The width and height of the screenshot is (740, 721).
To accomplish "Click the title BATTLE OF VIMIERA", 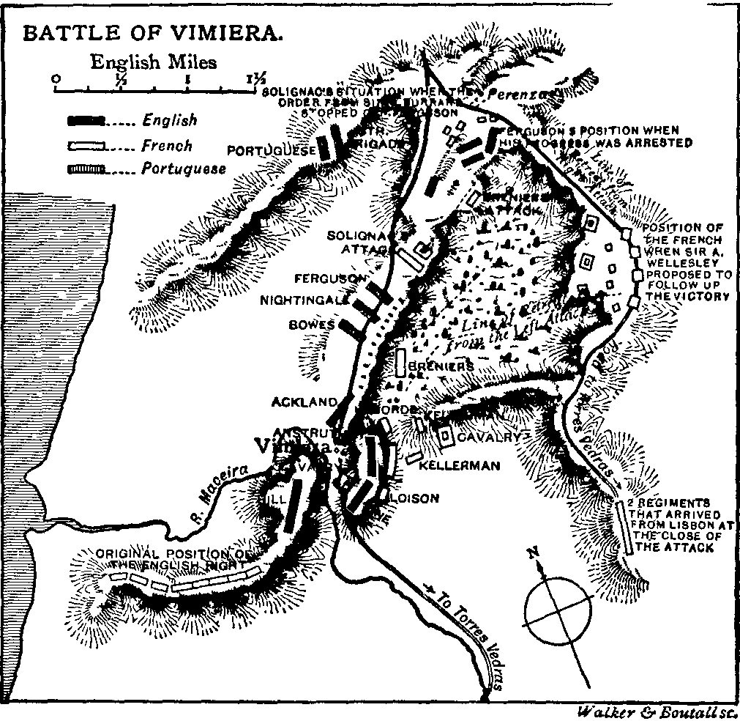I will [152, 34].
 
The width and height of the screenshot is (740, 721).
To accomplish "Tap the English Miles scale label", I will [153, 62].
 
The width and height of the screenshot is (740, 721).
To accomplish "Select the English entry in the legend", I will [170, 119].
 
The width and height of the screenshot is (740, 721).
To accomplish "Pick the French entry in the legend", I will [167, 146].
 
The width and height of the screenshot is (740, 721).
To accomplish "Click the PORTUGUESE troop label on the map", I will [271, 150].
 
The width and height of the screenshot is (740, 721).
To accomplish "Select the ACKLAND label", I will [304, 402].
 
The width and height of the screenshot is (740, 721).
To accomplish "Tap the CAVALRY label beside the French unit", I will [489, 437].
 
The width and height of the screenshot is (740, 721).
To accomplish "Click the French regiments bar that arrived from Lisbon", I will [627, 528].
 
